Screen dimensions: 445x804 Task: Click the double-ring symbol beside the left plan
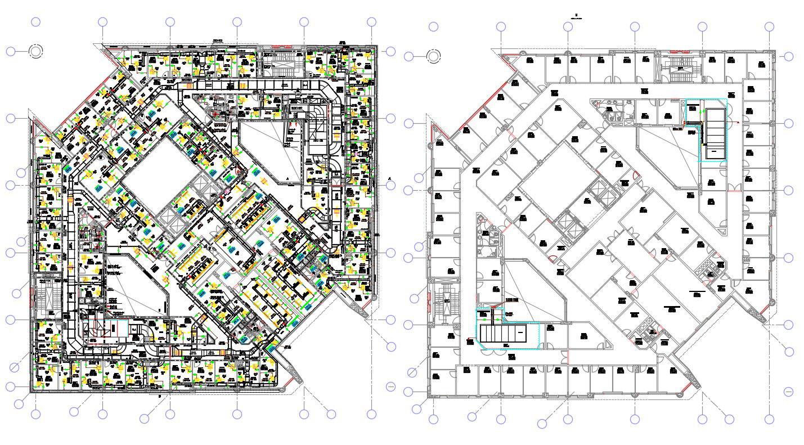pos(35,51)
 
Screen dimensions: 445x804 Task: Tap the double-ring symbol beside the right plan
pos(433,56)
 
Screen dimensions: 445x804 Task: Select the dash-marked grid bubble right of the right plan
pos(788,392)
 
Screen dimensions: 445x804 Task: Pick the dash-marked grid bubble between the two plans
pos(390,386)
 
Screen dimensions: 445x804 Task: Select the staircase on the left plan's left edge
pos(46,295)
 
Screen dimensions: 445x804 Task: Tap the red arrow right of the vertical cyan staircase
pos(738,121)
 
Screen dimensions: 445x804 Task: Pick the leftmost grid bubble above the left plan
pos(35,22)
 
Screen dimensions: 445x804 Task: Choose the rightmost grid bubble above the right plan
pos(769,27)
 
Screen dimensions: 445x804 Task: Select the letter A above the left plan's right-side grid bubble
pos(390,179)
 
